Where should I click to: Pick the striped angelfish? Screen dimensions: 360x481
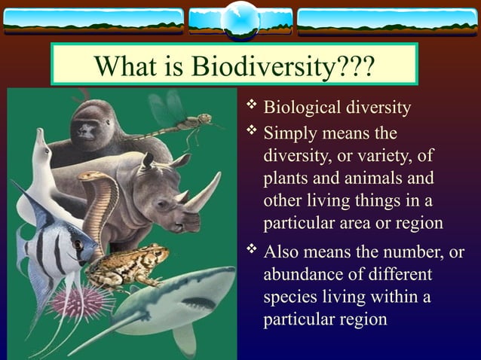(49, 249)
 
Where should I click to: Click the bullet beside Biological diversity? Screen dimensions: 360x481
(251, 107)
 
